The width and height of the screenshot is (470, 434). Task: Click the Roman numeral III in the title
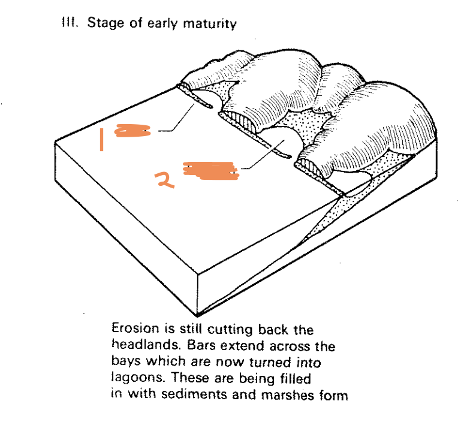(x=70, y=24)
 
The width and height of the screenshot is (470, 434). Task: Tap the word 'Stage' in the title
(x=103, y=25)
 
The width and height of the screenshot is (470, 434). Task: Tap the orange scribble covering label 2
(x=209, y=170)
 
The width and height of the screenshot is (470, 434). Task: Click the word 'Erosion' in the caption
(x=132, y=330)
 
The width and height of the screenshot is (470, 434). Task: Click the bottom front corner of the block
(x=201, y=314)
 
